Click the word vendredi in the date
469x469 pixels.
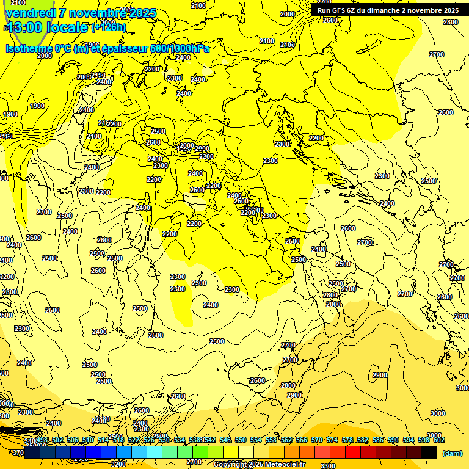31,13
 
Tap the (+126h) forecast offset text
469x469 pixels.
109,27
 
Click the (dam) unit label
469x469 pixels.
452,453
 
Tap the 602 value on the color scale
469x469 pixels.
439,440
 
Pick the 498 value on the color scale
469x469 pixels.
42,440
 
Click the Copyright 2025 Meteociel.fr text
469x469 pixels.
260,464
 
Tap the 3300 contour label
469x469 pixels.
327,466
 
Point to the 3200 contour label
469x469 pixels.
118,464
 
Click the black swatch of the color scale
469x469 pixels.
429,452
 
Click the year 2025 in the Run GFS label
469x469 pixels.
449,10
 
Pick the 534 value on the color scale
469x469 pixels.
180,440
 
